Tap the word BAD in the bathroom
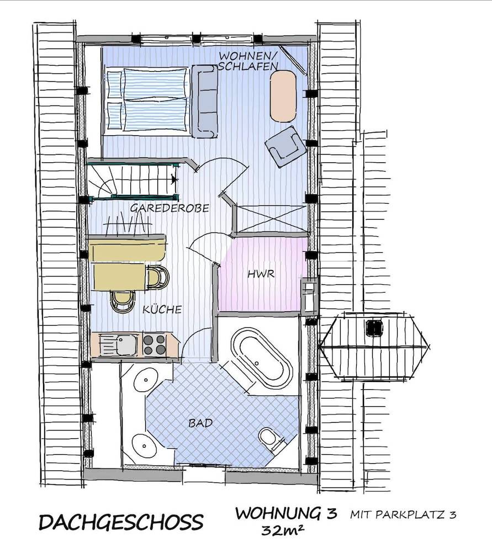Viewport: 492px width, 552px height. [x=201, y=423]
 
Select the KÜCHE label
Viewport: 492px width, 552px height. [x=162, y=310]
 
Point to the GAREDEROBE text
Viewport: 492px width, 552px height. [x=170, y=208]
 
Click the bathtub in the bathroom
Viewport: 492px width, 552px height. [x=262, y=359]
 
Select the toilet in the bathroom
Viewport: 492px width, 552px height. [x=269, y=439]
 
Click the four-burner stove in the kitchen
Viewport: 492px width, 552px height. [x=154, y=345]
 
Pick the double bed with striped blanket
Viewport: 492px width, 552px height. [x=147, y=100]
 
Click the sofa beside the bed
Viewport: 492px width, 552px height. [x=204, y=101]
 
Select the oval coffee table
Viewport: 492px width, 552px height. [x=283, y=96]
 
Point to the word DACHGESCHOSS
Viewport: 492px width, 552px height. [x=121, y=522]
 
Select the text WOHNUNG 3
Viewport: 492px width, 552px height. [x=285, y=513]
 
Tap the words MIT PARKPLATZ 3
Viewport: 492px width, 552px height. [x=403, y=515]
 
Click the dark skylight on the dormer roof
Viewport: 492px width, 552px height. [x=374, y=328]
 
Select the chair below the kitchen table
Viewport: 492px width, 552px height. [x=123, y=300]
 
